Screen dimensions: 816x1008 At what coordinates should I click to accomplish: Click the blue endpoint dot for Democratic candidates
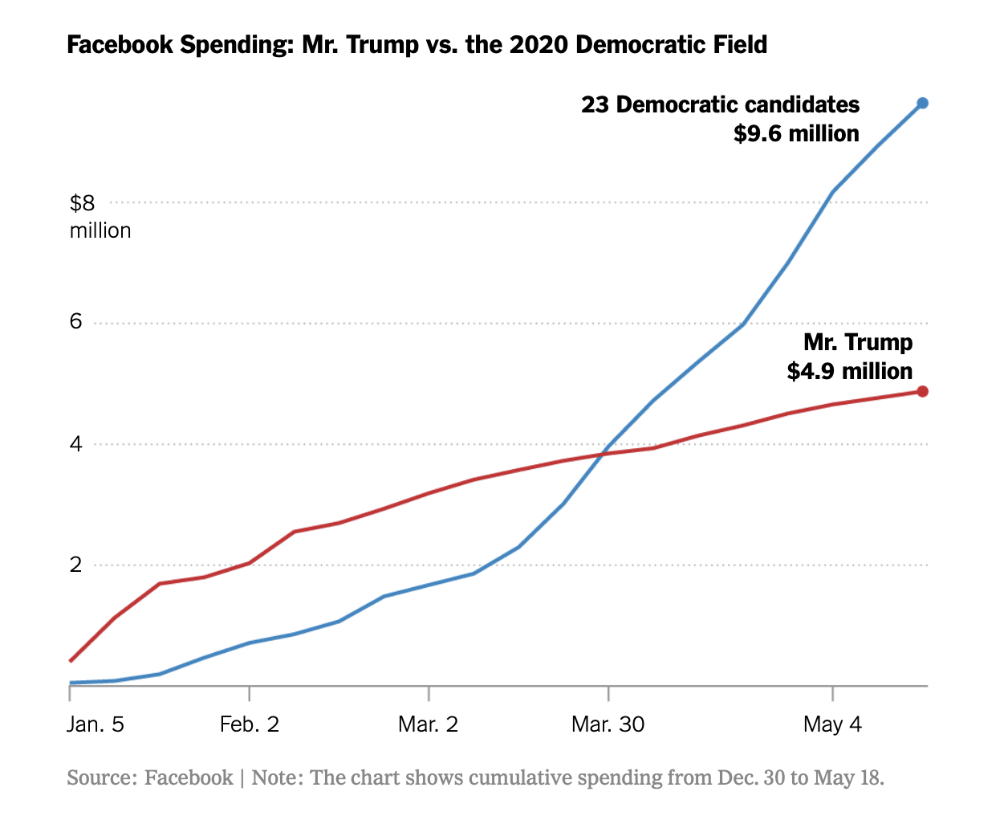point(922,103)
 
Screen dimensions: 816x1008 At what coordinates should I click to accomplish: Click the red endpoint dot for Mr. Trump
point(922,391)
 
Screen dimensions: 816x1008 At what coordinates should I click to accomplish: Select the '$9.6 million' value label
point(796,133)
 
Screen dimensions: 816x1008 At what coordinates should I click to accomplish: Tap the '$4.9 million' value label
point(849,371)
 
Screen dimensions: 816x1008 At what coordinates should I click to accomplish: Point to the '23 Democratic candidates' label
point(720,105)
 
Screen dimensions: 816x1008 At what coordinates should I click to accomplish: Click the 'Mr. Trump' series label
point(858,342)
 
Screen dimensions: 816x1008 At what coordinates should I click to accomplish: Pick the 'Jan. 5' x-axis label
point(95,724)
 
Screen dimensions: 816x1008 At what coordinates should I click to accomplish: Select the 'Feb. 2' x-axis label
point(250,724)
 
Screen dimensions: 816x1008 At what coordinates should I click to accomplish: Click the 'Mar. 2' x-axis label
point(428,724)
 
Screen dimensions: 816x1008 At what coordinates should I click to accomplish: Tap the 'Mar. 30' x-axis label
point(608,724)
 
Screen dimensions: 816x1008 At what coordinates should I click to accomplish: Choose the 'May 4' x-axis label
point(832,724)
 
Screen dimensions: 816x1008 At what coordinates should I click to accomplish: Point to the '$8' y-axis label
point(82,203)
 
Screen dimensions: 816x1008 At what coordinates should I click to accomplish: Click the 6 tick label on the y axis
point(76,322)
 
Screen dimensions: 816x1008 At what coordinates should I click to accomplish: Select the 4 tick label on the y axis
point(76,443)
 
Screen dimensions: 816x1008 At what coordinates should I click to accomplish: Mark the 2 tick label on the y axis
point(76,565)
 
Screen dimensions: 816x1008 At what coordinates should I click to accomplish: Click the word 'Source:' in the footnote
point(102,777)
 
